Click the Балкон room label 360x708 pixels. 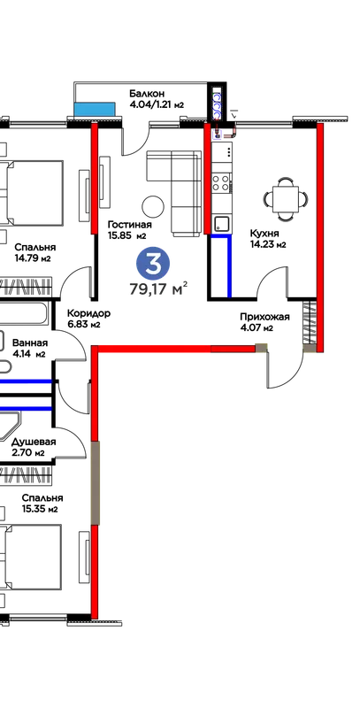click(144, 94)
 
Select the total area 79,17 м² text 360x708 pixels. click(158, 289)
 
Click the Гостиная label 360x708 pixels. click(129, 225)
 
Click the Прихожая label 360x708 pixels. click(264, 317)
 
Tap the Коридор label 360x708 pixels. click(88, 313)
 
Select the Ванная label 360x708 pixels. click(30, 342)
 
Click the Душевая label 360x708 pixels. click(34, 442)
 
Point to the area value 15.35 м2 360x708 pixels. click(40, 510)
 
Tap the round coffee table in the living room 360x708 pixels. click(153, 207)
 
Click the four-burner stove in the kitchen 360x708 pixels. click(221, 182)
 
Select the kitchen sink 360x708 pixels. click(221, 224)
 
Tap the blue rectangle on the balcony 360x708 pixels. click(95, 109)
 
